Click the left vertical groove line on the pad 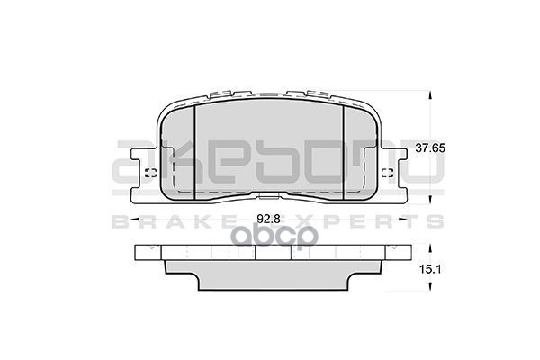195,149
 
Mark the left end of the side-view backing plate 137,253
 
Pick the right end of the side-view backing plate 401,253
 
